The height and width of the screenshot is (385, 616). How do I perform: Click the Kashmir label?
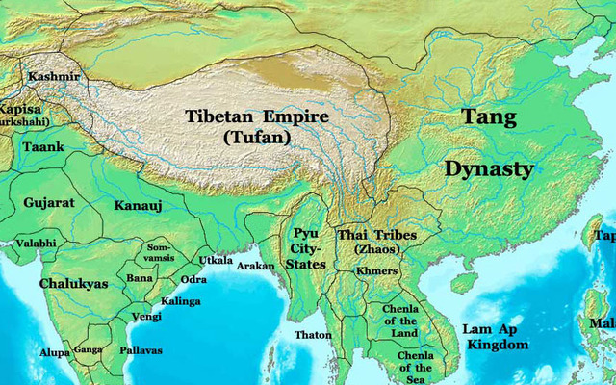(54, 76)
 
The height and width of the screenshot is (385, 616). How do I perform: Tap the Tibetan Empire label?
(256, 117)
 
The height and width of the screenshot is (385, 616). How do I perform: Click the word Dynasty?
(489, 169)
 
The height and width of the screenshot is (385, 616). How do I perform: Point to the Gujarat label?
(49, 203)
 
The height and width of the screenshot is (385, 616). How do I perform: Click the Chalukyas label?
(73, 284)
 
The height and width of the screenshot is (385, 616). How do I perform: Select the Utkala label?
(216, 260)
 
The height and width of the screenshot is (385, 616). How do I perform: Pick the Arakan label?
(255, 265)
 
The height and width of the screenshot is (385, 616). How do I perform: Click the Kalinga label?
(181, 301)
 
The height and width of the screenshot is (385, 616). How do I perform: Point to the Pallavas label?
(141, 350)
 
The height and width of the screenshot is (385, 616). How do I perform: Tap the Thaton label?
(314, 335)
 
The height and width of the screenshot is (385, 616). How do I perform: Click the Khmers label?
(376, 271)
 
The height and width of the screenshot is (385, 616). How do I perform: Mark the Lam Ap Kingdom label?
(496, 337)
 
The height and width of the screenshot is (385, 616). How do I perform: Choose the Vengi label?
(146, 316)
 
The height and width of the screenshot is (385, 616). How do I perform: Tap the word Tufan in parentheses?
(256, 138)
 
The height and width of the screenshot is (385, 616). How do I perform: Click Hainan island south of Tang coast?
(464, 282)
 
